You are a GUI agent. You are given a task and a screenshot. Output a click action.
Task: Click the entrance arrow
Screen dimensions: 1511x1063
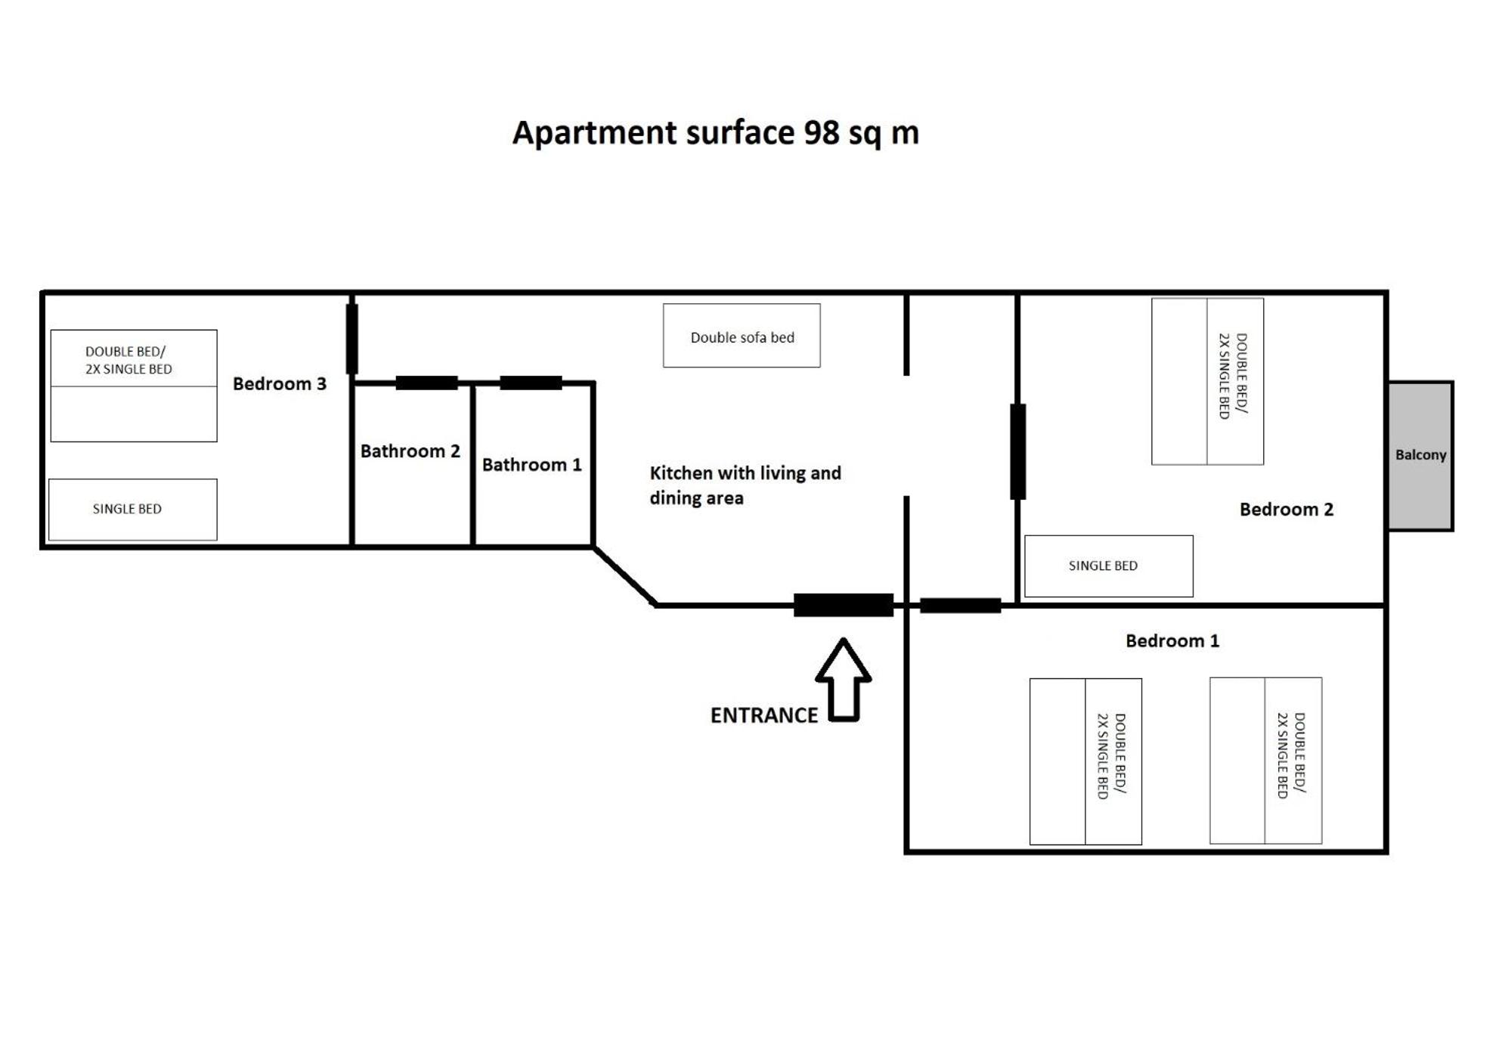pyautogui.click(x=843, y=680)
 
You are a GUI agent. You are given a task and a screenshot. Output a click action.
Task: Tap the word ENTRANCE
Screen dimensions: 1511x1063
pyautogui.click(x=763, y=715)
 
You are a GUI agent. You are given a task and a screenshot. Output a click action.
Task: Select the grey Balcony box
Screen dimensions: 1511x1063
pyautogui.click(x=1420, y=455)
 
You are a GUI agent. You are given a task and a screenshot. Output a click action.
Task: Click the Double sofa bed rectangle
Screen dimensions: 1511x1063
pyautogui.click(x=742, y=336)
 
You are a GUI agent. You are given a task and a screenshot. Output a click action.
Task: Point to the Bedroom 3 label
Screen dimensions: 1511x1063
pyautogui.click(x=280, y=383)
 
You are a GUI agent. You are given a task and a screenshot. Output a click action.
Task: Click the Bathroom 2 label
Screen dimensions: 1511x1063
pyautogui.click(x=410, y=451)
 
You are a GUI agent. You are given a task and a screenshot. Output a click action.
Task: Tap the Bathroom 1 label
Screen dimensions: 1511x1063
pyautogui.click(x=531, y=464)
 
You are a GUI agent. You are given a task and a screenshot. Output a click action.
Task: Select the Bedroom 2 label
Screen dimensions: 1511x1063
pyautogui.click(x=1286, y=509)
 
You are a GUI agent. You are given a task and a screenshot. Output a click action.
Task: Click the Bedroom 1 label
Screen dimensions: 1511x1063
pyautogui.click(x=1172, y=640)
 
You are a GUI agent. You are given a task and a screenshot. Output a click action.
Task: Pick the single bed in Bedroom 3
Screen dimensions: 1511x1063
pyautogui.click(x=132, y=510)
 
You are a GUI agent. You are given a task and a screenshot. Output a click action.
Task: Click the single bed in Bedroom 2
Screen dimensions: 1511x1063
pyautogui.click(x=1108, y=566)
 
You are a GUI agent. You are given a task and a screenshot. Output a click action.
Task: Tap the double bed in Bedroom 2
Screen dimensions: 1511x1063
pyautogui.click(x=1207, y=381)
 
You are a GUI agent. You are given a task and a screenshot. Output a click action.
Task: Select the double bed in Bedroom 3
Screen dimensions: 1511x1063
pyautogui.click(x=134, y=386)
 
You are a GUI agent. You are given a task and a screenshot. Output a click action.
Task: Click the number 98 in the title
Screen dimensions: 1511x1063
pyautogui.click(x=822, y=133)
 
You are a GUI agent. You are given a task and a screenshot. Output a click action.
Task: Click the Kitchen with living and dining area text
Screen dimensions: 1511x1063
pyautogui.click(x=745, y=485)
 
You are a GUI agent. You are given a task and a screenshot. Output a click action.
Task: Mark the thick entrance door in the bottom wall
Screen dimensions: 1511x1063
pyautogui.click(x=844, y=605)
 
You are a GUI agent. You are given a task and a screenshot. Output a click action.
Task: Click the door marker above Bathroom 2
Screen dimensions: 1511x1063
pyautogui.click(x=426, y=383)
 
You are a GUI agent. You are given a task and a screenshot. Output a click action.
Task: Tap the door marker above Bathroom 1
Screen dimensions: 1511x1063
pyautogui.click(x=531, y=383)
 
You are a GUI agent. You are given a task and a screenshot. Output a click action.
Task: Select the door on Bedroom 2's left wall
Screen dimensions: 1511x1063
pyautogui.click(x=1018, y=451)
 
